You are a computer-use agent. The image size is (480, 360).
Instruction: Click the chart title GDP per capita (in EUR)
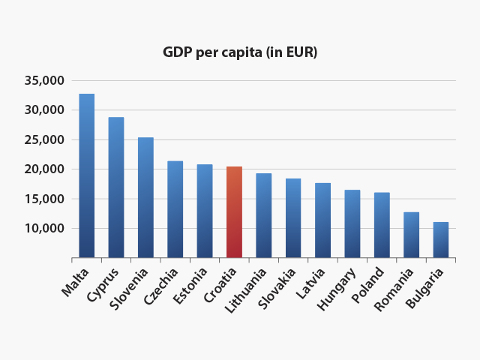[x=240, y=52]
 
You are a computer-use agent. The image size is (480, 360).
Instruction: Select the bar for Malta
[x=87, y=176]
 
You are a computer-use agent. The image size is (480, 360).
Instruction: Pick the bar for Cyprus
[x=116, y=187]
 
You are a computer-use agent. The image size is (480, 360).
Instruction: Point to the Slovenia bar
[x=145, y=198]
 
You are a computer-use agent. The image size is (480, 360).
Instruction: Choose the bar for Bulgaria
[x=440, y=240]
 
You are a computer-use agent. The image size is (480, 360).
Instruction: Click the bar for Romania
[x=411, y=235]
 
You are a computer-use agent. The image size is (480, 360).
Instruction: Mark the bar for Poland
[x=382, y=225]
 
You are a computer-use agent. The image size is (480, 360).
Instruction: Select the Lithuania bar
[x=263, y=216]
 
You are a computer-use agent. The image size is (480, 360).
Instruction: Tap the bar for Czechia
[x=175, y=209]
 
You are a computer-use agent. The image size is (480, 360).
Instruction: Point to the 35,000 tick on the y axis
[x=47, y=80]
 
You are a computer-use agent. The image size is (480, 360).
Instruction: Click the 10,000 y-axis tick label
[x=47, y=228]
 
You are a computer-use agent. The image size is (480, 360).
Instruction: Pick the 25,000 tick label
[x=47, y=139]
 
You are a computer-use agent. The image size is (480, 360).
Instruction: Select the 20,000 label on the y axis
[x=47, y=169]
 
